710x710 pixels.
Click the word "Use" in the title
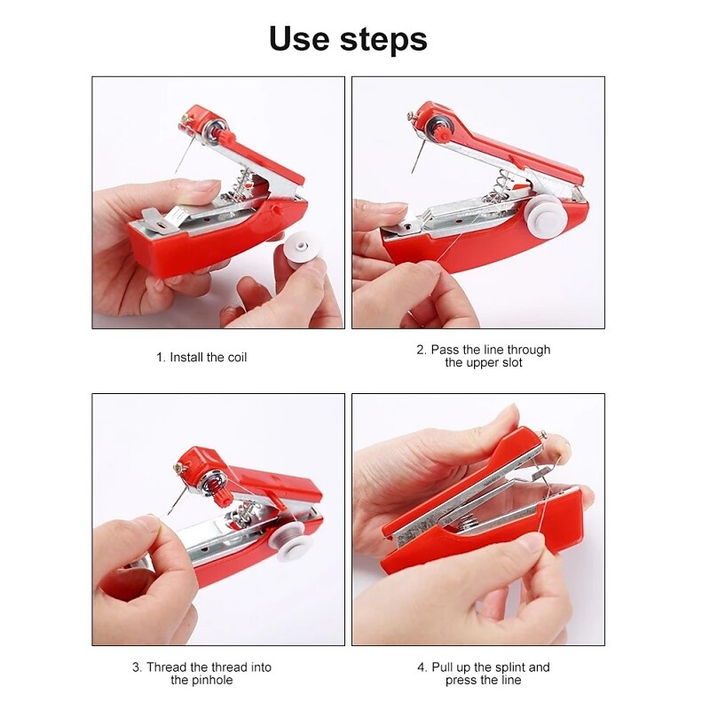point(299,38)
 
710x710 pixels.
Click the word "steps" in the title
point(383,40)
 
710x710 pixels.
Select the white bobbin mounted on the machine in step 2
point(547,216)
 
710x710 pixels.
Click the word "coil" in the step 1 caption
point(237,358)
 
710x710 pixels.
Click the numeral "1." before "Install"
point(161,358)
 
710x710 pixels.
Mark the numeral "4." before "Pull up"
point(422,667)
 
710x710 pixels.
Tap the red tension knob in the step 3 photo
point(224,497)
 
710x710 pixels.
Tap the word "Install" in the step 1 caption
point(186,358)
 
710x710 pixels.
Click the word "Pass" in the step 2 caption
point(445,350)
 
